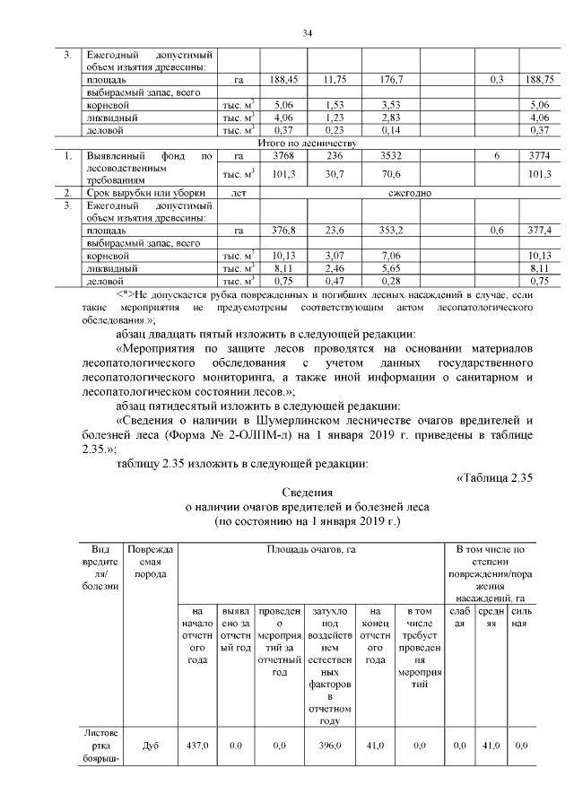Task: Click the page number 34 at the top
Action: [x=306, y=33]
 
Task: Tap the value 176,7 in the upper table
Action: [x=391, y=80]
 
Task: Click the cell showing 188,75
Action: [x=537, y=80]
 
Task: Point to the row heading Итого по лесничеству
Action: [x=308, y=143]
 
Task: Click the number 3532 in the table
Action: [x=391, y=155]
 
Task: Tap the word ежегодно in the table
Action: [x=412, y=193]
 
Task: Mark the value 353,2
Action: [x=391, y=231]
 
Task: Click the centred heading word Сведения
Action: [x=308, y=493]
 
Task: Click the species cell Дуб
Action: [x=151, y=745]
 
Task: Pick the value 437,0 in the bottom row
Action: [x=196, y=745]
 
